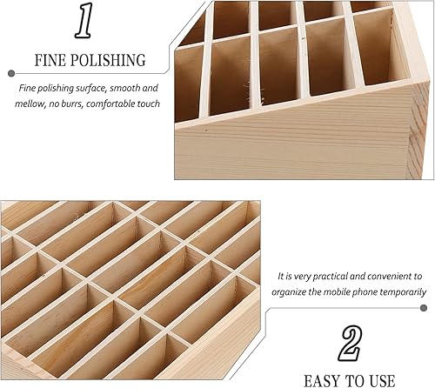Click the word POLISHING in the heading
(105, 61)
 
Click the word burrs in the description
(84, 105)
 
